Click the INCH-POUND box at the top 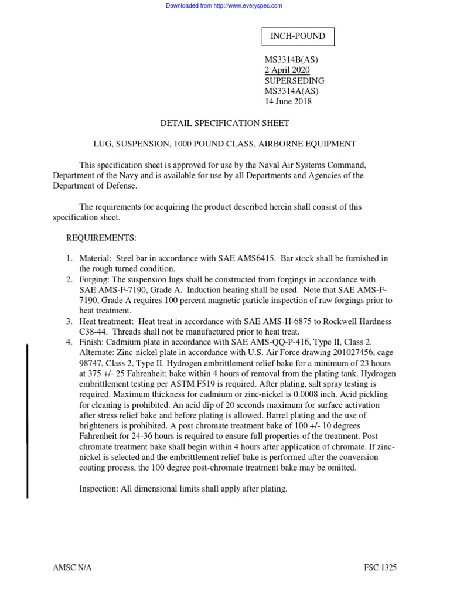(x=297, y=36)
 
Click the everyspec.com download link (x=224, y=6)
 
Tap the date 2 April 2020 (x=288, y=70)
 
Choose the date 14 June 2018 (x=289, y=102)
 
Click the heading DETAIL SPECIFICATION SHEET (x=225, y=123)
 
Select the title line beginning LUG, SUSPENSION (x=225, y=144)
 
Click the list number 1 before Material (x=68, y=259)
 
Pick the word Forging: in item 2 (x=95, y=279)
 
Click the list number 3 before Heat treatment (x=68, y=322)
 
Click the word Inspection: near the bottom (x=100, y=489)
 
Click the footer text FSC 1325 (x=381, y=568)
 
